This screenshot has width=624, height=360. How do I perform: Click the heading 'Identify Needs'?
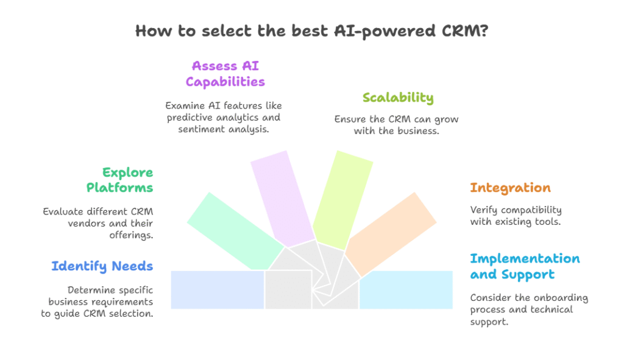pyautogui.click(x=102, y=266)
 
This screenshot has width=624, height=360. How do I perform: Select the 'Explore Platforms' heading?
pyautogui.click(x=119, y=180)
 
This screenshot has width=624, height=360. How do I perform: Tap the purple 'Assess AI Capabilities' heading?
pyautogui.click(x=225, y=74)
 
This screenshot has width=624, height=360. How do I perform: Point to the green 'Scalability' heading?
pyautogui.click(x=398, y=97)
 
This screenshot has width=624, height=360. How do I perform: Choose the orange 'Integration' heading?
pyautogui.click(x=510, y=188)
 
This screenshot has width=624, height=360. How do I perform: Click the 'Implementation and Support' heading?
pyautogui.click(x=525, y=266)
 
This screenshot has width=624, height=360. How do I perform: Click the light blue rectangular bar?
pyautogui.click(x=217, y=289)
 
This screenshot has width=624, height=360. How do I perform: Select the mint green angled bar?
pyautogui.click(x=235, y=231)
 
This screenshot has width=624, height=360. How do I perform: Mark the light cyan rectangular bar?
pyautogui.click(x=406, y=289)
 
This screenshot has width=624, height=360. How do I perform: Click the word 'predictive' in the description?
pyautogui.click(x=190, y=118)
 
